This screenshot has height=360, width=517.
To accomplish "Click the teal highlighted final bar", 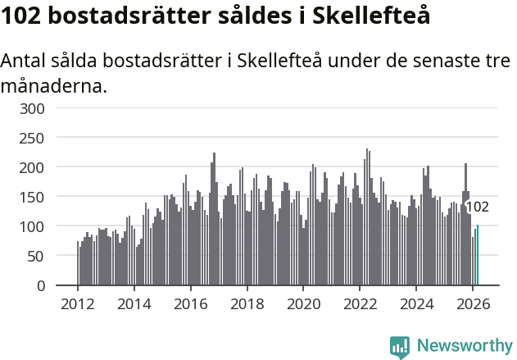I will coord(478,256).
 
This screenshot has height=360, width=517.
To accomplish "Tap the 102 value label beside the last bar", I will coord(477,207).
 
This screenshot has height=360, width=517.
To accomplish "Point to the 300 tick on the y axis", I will coord(55,108).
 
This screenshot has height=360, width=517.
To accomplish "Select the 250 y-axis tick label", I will coord(55,138).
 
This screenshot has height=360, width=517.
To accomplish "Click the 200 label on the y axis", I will coord(55,167).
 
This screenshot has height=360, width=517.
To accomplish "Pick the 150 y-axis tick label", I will coord(55,197).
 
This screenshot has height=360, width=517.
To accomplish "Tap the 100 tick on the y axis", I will coord(55,226).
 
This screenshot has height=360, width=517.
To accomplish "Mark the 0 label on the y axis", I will coord(63,285).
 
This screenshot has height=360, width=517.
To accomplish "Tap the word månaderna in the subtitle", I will coord(53,84).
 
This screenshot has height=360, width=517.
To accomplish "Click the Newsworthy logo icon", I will coord(400,347).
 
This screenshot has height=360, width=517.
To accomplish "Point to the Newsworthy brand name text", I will coord(464,346).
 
